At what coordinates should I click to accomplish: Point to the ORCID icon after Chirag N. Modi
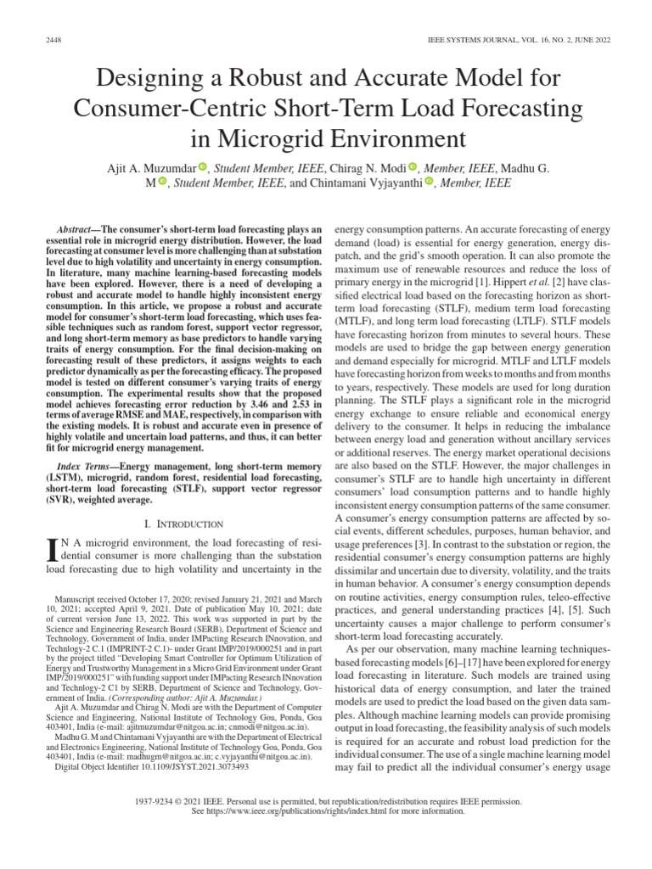click(413, 165)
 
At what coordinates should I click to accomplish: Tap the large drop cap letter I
click(50, 554)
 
